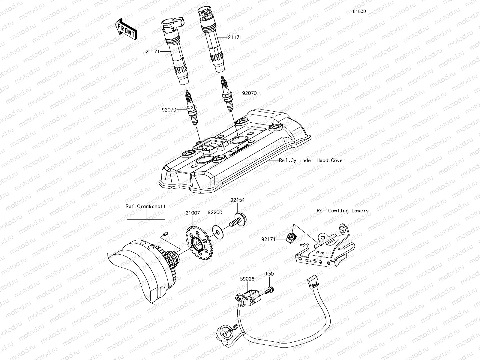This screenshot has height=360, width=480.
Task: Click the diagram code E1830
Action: click(359, 11)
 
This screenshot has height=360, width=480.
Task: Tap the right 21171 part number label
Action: click(235, 37)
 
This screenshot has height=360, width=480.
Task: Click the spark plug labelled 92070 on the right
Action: click(227, 90)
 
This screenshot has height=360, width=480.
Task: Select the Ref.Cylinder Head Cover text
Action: click(312, 160)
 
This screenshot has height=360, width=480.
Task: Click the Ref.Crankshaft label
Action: click(146, 206)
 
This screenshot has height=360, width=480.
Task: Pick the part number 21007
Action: click(193, 212)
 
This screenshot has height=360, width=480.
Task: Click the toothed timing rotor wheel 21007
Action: click(197, 244)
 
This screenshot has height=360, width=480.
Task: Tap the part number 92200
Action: click(215, 212)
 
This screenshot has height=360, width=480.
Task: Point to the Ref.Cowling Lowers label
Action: click(342, 211)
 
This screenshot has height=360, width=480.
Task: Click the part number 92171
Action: click(268, 239)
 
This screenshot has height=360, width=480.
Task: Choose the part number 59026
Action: click(247, 279)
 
